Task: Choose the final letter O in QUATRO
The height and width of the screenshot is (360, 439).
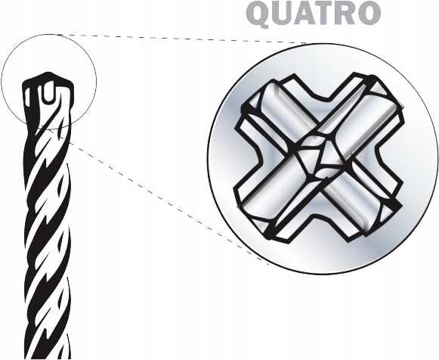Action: pos(369,14)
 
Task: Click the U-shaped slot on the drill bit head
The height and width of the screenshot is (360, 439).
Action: pos(48,92)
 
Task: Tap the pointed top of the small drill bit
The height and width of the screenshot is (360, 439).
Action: pos(48,73)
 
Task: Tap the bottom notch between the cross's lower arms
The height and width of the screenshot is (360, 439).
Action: pos(317,215)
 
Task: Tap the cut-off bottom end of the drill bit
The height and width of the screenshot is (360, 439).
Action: pos(48,357)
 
